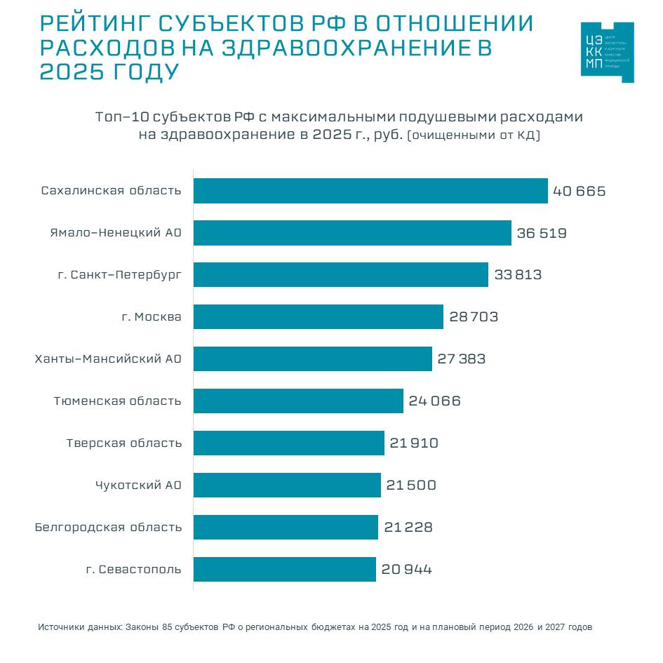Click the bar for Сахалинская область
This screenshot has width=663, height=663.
coord(370,191)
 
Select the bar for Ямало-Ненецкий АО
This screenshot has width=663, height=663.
coord(352,233)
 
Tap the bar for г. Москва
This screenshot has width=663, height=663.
coord(319,316)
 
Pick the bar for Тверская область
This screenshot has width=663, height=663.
coord(289,443)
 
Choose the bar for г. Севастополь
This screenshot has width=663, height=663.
coord(285,569)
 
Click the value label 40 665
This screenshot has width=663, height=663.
coord(579,191)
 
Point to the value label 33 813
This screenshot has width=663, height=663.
coord(518,275)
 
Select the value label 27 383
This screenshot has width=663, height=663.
coord(461,359)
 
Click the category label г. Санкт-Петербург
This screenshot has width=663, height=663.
coord(120,275)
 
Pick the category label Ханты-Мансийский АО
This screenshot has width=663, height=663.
coord(108,359)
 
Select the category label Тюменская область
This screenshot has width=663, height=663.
coord(118,401)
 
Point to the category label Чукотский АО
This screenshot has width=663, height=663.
coord(138,485)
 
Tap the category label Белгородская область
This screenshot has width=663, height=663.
coord(108,528)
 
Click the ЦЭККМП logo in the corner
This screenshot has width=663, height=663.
coord(607,52)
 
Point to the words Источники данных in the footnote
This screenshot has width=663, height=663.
coord(80,627)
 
